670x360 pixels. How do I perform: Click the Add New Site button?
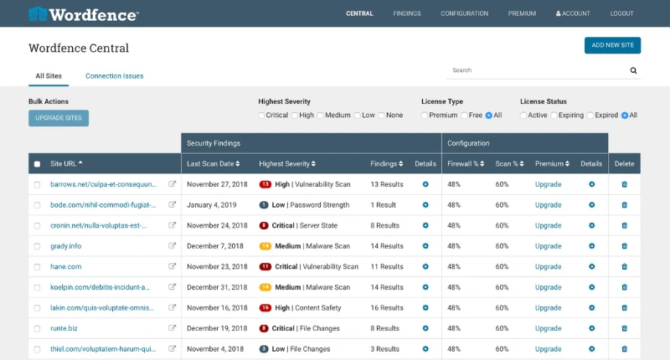[612, 45]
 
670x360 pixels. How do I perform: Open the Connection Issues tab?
[114, 76]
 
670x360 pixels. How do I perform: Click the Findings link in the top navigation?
[407, 13]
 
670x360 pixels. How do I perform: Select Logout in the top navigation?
[621, 13]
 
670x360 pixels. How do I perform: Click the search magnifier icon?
[633, 71]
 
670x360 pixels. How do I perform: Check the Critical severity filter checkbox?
[261, 115]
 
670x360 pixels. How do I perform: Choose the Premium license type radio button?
[425, 115]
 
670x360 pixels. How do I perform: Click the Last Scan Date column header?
[213, 163]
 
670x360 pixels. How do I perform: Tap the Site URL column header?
[67, 163]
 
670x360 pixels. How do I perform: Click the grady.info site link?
[65, 246]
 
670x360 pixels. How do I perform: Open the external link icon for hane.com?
[173, 266]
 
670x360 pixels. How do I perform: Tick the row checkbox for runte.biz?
[37, 328]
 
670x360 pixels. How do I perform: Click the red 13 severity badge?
[265, 184]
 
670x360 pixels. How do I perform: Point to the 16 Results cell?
[386, 307]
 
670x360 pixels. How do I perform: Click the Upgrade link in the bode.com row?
[548, 204]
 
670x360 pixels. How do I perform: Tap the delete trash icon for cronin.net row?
[624, 225]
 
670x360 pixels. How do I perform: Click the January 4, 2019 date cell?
[211, 204]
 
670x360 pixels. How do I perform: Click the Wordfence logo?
[84, 13]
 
